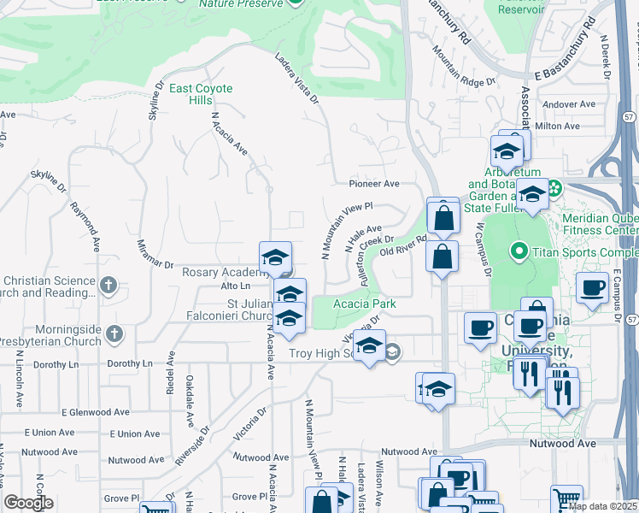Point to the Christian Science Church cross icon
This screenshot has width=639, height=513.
pyautogui.click(x=108, y=285)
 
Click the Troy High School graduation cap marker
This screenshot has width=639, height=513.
pyautogui.click(x=369, y=346)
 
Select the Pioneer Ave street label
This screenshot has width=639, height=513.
pyautogui.click(x=373, y=184)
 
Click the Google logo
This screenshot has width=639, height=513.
pyautogui.click(x=28, y=503)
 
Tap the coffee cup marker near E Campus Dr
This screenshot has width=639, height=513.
pyautogui.click(x=592, y=287)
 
